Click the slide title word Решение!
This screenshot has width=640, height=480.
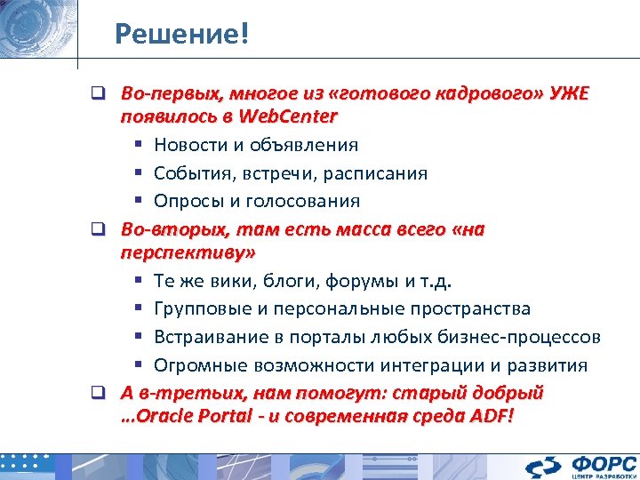[x=182, y=35]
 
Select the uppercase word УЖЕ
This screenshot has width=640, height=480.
[x=568, y=95]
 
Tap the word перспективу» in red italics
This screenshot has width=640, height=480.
[x=188, y=252]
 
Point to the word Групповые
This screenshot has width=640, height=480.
[x=200, y=309]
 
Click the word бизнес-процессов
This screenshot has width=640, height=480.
[x=527, y=338]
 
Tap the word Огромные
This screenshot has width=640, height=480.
[x=196, y=365]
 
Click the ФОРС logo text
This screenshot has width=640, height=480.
[x=604, y=461]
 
